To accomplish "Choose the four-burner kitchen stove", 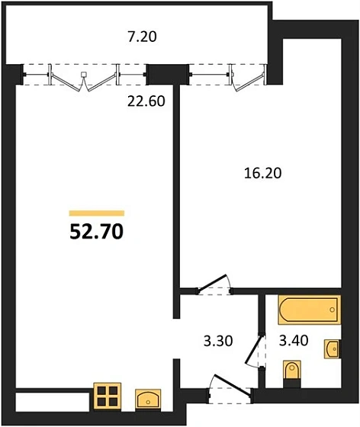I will pos(108,396).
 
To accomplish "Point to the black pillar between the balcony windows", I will pos(160,74).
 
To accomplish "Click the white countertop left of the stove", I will pos(53,402).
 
